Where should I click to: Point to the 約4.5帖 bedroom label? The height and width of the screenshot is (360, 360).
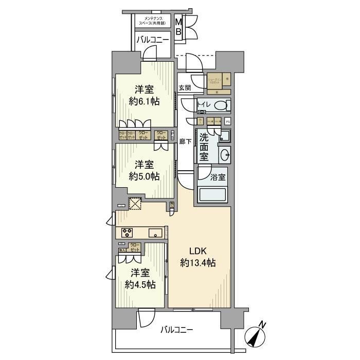coord(139,278)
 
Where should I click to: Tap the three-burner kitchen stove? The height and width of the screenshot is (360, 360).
coord(127,232)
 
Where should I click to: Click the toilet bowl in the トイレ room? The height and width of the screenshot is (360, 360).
coord(220,106)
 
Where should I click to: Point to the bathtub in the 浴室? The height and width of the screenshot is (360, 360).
coord(213,195)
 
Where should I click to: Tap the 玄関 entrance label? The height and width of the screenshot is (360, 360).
coord(185,88)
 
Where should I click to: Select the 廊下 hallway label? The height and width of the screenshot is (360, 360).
coord(185,141)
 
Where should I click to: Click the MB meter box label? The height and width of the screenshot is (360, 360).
coord(178,27)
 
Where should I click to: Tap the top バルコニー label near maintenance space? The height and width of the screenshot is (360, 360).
coord(152,40)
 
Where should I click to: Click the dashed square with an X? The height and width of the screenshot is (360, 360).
coord(135,205)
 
